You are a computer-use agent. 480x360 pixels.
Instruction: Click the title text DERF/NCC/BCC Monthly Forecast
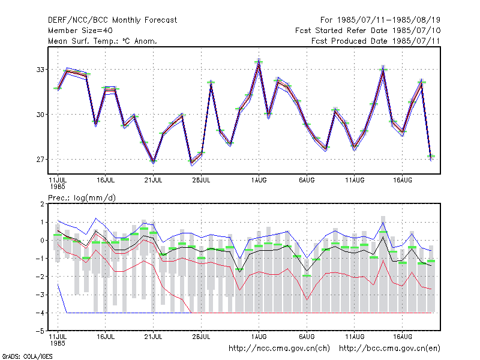pyautogui.click(x=112, y=20)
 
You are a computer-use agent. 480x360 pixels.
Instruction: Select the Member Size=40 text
pyautogui.click(x=80, y=31)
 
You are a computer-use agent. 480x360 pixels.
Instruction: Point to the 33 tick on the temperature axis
pyautogui.click(x=40, y=70)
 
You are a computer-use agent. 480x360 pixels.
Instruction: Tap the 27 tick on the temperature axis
pyautogui.click(x=40, y=160)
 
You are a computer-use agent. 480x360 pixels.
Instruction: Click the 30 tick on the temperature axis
pyautogui.click(x=40, y=115)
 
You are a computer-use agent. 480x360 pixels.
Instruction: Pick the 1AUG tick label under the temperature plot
pyautogui.click(x=259, y=181)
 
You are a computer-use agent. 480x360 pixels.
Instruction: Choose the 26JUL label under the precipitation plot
pyautogui.click(x=201, y=337)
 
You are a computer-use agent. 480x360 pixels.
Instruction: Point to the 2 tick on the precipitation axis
pyautogui.click(x=42, y=204)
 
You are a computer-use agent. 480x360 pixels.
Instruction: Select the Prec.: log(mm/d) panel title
pyautogui.click(x=82, y=198)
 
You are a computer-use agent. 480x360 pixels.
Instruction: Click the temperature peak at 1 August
pyautogui.click(x=259, y=61)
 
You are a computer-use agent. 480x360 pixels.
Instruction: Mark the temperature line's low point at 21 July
pyautogui.click(x=154, y=161)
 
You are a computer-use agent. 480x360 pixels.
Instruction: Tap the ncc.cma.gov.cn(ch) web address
pyautogui.click(x=279, y=349)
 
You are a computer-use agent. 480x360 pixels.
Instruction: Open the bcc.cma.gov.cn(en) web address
pyautogui.click(x=389, y=349)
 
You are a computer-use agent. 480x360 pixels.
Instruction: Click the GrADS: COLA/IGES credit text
pyautogui.click(x=27, y=356)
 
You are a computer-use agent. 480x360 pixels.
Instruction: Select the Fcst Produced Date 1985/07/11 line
pyautogui.click(x=376, y=41)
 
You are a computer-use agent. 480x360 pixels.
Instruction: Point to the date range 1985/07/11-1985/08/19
pyautogui.click(x=389, y=20)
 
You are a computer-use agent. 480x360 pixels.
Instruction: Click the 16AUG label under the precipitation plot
pyautogui.click(x=403, y=337)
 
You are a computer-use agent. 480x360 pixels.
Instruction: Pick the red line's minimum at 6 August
pyautogui.click(x=307, y=299)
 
